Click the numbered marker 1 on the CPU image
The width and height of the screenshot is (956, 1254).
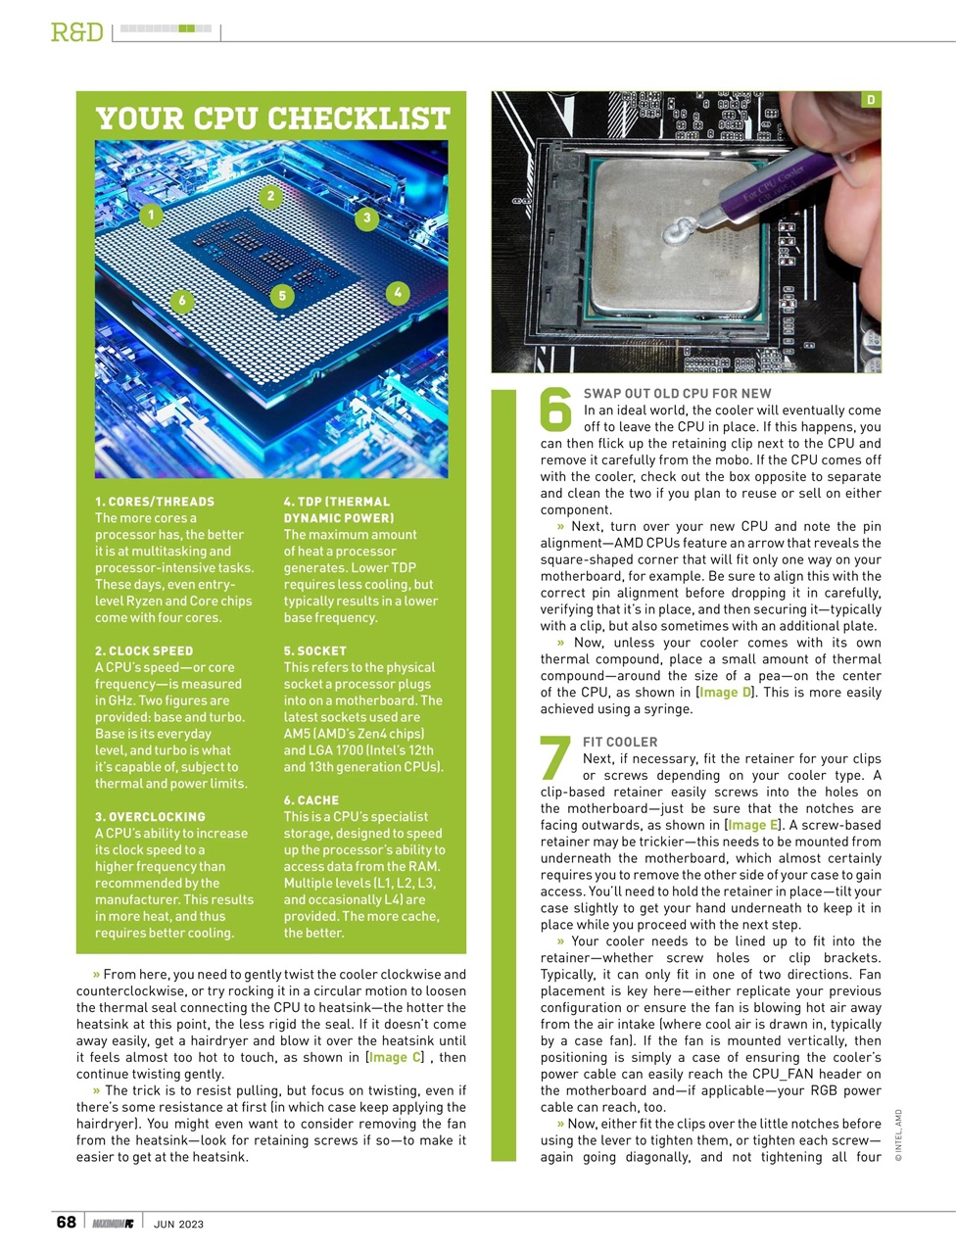click(x=151, y=216)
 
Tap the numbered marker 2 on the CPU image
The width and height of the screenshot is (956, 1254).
click(x=270, y=196)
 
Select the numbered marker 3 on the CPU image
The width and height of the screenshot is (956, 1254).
click(x=366, y=217)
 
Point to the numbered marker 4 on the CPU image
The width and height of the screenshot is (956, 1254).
click(x=397, y=292)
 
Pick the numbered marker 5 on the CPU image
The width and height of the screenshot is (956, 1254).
click(x=282, y=296)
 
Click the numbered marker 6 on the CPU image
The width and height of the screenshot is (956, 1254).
click(x=182, y=300)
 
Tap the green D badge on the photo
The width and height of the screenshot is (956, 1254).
click(x=871, y=100)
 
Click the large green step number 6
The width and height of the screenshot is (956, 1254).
click(x=555, y=410)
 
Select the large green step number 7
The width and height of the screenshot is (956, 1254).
click(x=555, y=758)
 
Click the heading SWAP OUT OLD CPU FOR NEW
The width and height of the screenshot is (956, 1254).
click(x=677, y=393)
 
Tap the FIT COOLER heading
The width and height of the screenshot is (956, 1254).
click(x=620, y=742)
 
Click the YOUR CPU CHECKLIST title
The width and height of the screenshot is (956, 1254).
click(x=272, y=119)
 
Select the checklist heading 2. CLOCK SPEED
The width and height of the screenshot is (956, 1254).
click(x=144, y=651)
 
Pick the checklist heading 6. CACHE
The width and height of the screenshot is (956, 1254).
click(x=311, y=799)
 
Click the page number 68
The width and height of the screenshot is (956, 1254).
click(x=66, y=1222)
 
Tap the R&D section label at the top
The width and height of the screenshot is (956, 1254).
click(x=76, y=32)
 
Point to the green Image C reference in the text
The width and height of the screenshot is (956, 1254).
click(x=397, y=1057)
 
